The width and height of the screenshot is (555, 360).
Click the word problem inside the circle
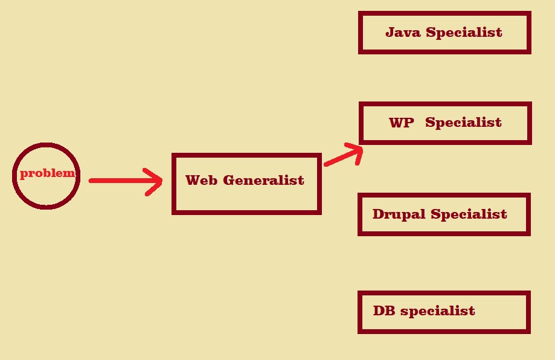pos(47,173)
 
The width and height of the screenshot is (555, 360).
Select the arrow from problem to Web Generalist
pos(124,181)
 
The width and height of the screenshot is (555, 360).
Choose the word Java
pos(403,32)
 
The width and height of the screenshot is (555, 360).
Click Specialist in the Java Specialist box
pos(464,32)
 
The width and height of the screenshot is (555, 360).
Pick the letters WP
pos(402,123)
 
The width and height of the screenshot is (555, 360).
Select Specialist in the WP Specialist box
pos(463,123)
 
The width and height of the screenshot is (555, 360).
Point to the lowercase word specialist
pos(437,311)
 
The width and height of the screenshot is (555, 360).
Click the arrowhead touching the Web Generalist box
pos(155,181)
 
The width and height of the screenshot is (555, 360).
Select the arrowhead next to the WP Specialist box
pos(354,151)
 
